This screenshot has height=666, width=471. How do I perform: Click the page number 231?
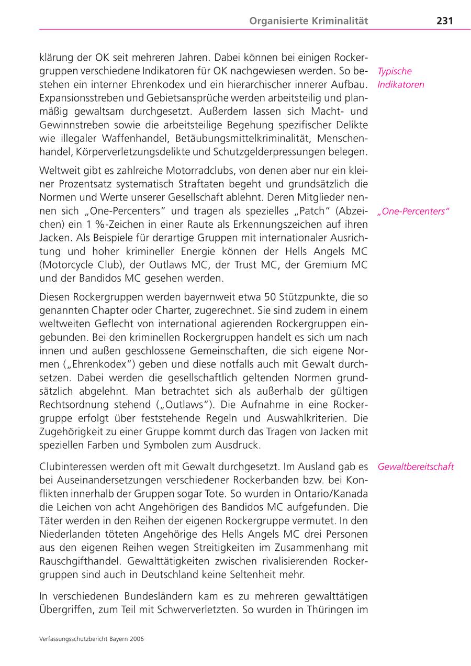coord(444,21)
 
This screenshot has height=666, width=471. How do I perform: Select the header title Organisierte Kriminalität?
coord(309,21)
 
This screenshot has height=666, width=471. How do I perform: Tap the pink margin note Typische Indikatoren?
coord(401,78)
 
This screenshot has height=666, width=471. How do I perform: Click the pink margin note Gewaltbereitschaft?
coord(416,467)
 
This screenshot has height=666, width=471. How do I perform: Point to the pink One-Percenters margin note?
coord(413,212)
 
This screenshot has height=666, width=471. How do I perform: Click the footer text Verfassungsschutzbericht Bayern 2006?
coord(92,639)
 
